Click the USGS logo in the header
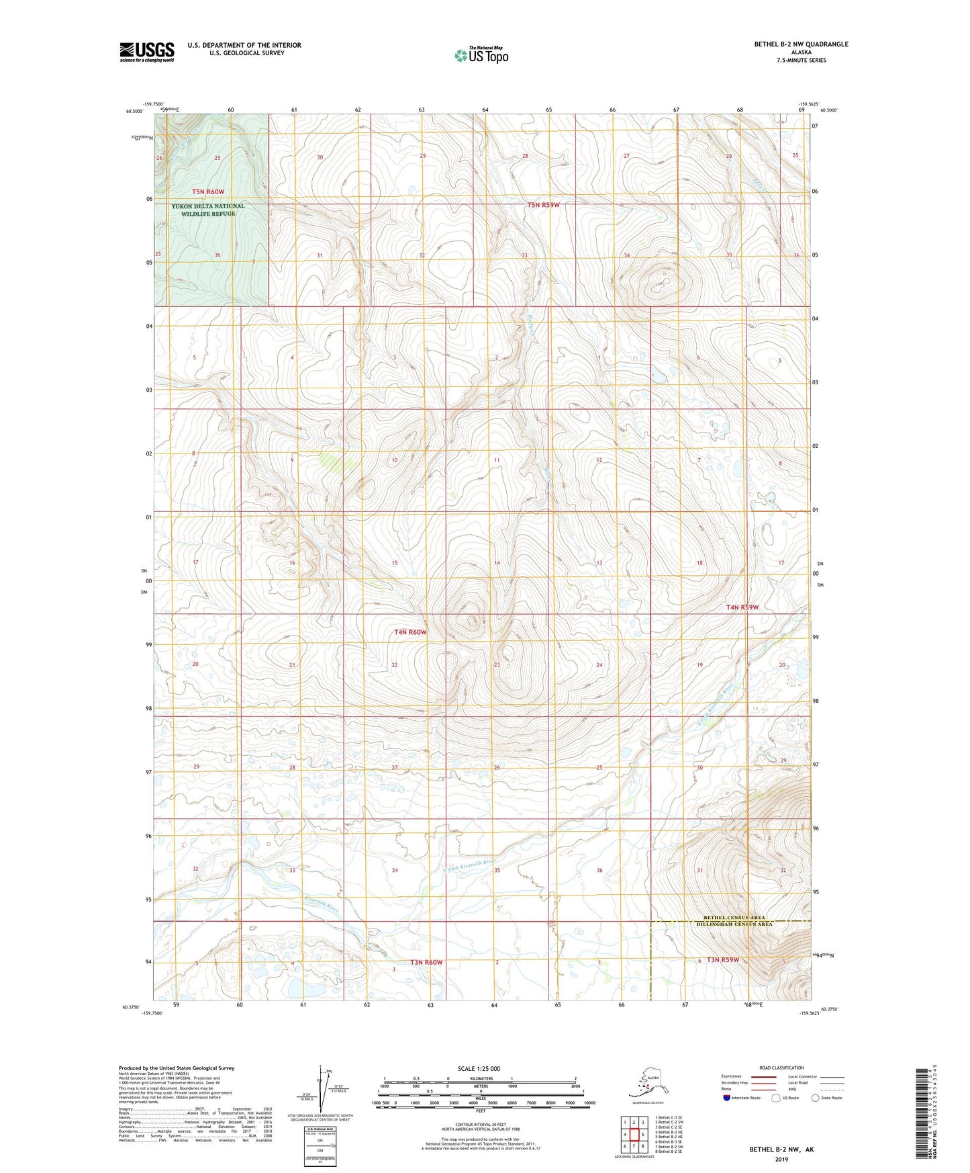click(146, 52)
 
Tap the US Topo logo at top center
click(481, 55)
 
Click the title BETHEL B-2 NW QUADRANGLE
click(801, 44)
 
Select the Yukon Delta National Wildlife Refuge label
click(208, 210)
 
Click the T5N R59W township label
click(542, 205)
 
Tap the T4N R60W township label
click(410, 632)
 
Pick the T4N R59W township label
click(742, 607)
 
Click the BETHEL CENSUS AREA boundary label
click(737, 918)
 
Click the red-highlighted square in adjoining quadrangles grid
click(633, 1134)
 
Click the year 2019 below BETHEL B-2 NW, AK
click(781, 1159)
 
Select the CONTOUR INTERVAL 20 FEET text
click(480, 1129)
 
